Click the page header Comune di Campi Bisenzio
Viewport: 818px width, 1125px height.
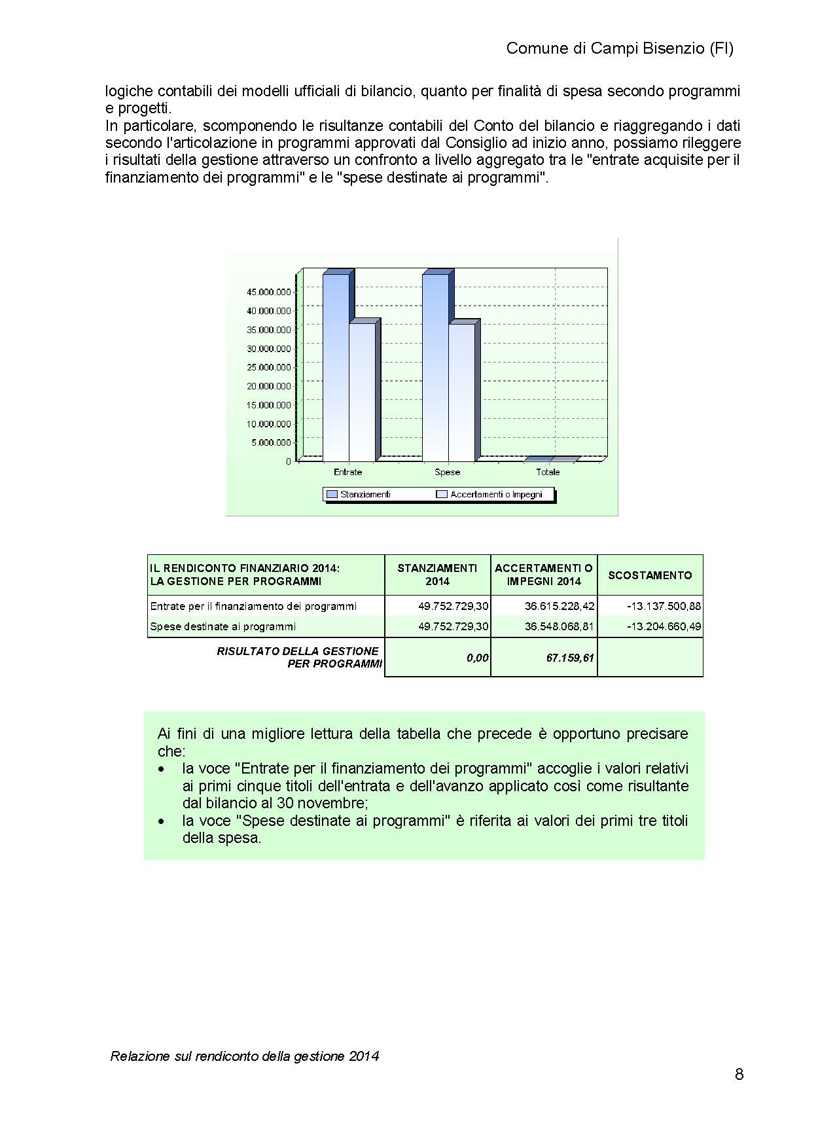point(619,48)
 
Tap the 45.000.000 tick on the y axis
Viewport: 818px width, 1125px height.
point(268,291)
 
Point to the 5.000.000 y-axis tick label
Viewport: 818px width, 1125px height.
point(271,442)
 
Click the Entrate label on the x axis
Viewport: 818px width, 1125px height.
point(347,472)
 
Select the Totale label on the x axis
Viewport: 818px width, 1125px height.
point(548,472)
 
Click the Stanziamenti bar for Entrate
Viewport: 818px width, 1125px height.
point(336,366)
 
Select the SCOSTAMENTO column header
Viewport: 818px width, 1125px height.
point(650,575)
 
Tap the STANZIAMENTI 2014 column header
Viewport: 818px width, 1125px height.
point(437,575)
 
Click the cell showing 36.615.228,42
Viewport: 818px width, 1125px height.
point(560,606)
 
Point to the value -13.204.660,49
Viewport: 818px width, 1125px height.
point(664,626)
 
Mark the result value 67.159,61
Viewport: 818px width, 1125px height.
point(570,657)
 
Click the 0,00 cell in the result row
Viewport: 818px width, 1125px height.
point(478,657)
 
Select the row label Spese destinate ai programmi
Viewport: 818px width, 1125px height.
point(223,626)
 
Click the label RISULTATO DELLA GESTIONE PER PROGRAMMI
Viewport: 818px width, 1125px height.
point(299,657)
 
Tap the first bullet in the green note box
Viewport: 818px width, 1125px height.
point(161,769)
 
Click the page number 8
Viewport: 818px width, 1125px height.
point(739,1075)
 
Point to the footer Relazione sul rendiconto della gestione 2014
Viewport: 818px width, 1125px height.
point(245,1056)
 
